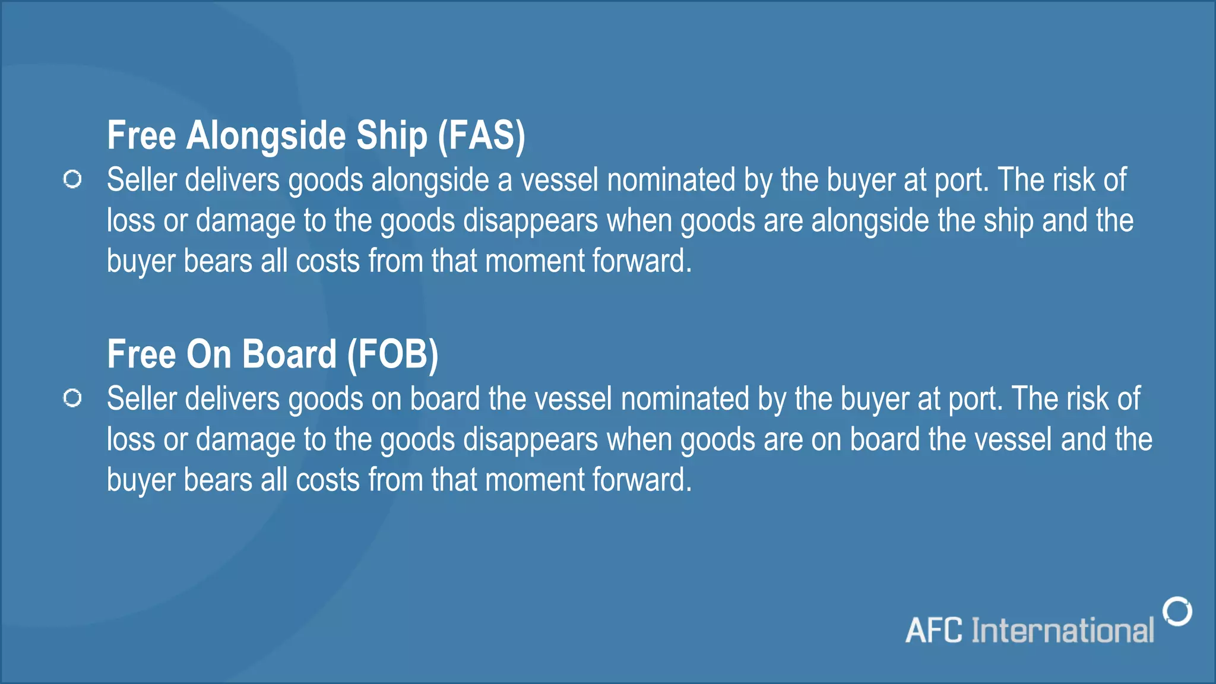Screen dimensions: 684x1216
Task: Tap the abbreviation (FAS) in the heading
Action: (481, 135)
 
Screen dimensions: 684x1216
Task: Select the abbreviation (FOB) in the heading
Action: (392, 354)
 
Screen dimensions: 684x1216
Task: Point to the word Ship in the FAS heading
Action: (391, 135)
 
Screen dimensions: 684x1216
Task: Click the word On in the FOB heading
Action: (208, 354)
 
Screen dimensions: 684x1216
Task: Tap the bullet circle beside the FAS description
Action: (72, 179)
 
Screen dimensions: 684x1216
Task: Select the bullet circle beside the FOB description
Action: (72, 398)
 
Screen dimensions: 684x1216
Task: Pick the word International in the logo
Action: (1062, 631)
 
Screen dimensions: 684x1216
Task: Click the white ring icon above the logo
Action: (1177, 611)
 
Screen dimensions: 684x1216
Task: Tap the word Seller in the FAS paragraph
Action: (142, 180)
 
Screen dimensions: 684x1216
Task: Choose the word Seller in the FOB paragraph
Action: (142, 399)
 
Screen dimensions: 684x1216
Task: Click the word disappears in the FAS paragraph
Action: (530, 221)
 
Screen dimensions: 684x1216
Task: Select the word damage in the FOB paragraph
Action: (245, 440)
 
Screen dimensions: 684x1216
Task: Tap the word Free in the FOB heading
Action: (141, 354)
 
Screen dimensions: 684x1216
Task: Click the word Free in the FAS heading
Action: (141, 135)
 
